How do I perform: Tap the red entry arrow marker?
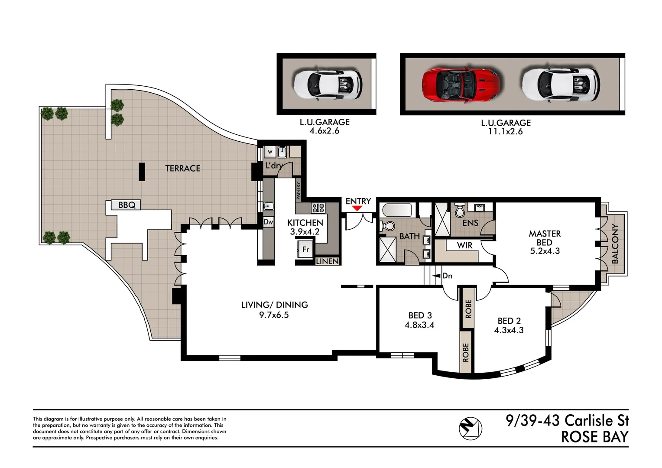(x=357, y=208)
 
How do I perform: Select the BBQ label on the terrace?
(x=127, y=205)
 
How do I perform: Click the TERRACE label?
(x=182, y=168)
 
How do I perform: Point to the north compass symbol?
(x=470, y=428)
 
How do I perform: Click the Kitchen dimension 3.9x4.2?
(x=305, y=232)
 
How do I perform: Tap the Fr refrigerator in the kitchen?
(x=305, y=250)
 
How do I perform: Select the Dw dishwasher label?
(x=269, y=222)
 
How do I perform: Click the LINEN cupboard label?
(x=327, y=261)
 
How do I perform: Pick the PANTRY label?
(x=298, y=191)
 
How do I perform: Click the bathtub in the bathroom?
(x=397, y=211)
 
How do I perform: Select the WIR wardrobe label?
(x=464, y=245)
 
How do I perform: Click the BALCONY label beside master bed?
(x=615, y=244)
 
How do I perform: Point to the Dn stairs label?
(x=447, y=276)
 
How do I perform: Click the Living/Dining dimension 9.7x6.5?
(x=274, y=315)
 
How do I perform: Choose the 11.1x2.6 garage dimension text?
(x=505, y=132)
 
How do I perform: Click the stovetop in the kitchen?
(x=318, y=208)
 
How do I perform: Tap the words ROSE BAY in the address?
(x=594, y=437)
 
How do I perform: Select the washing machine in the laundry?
(x=270, y=152)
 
